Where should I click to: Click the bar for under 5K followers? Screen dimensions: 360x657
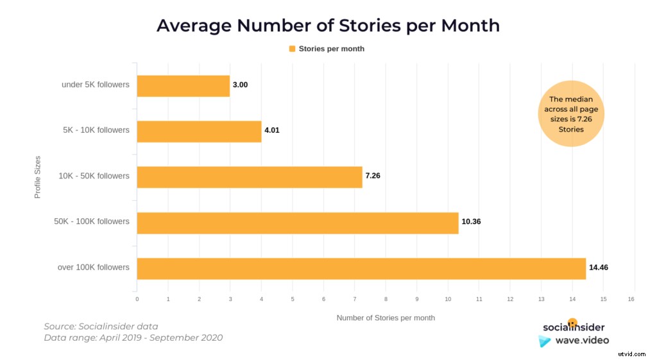tap(183, 86)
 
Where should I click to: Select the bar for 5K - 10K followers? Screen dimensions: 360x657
tap(199, 132)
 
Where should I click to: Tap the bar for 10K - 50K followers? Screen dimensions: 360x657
tap(250, 177)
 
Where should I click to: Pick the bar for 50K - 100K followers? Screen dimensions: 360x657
tap(298, 223)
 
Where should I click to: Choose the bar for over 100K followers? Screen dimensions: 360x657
tap(361, 268)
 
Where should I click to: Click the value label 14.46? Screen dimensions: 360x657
tap(599, 267)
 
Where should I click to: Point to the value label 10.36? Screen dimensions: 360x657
tap(471, 221)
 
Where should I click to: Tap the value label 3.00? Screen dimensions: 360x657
tap(241, 85)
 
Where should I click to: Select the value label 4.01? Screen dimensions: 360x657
tap(272, 130)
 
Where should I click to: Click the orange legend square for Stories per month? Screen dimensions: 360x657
tap(293, 49)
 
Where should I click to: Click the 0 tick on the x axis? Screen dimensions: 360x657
tap(137, 299)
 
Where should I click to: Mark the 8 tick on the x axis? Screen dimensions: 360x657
tap(386, 299)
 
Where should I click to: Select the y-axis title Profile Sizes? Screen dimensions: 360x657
tap(37, 176)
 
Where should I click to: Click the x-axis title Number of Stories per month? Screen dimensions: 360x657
tap(386, 318)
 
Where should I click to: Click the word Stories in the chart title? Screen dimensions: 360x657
tap(373, 26)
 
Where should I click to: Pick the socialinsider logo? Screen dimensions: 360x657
tap(574, 327)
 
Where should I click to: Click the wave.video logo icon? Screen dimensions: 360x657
tap(545, 341)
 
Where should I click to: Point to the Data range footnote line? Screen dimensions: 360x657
tap(133, 338)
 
